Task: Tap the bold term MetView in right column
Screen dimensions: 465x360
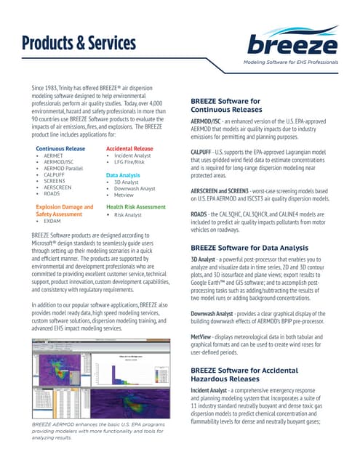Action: click(x=201, y=338)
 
